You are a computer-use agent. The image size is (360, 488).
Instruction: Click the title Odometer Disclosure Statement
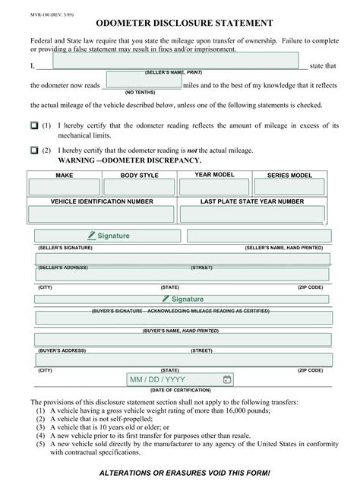[179, 24]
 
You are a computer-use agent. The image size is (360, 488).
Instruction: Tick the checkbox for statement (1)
[34, 125]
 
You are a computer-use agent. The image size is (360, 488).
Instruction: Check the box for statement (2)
[34, 151]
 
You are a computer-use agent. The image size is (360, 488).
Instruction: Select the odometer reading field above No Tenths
[141, 80]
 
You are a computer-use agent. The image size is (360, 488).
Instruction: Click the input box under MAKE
[65, 187]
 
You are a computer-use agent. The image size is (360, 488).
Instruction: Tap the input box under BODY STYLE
[139, 187]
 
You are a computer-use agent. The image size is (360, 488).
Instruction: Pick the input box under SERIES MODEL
[289, 187]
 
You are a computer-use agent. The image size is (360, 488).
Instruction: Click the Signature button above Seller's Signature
[109, 236]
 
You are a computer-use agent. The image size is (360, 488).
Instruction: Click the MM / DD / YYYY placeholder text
[157, 379]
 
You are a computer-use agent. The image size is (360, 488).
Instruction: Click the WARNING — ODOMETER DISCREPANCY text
[129, 161]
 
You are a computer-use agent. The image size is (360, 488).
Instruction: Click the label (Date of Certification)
[180, 390]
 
